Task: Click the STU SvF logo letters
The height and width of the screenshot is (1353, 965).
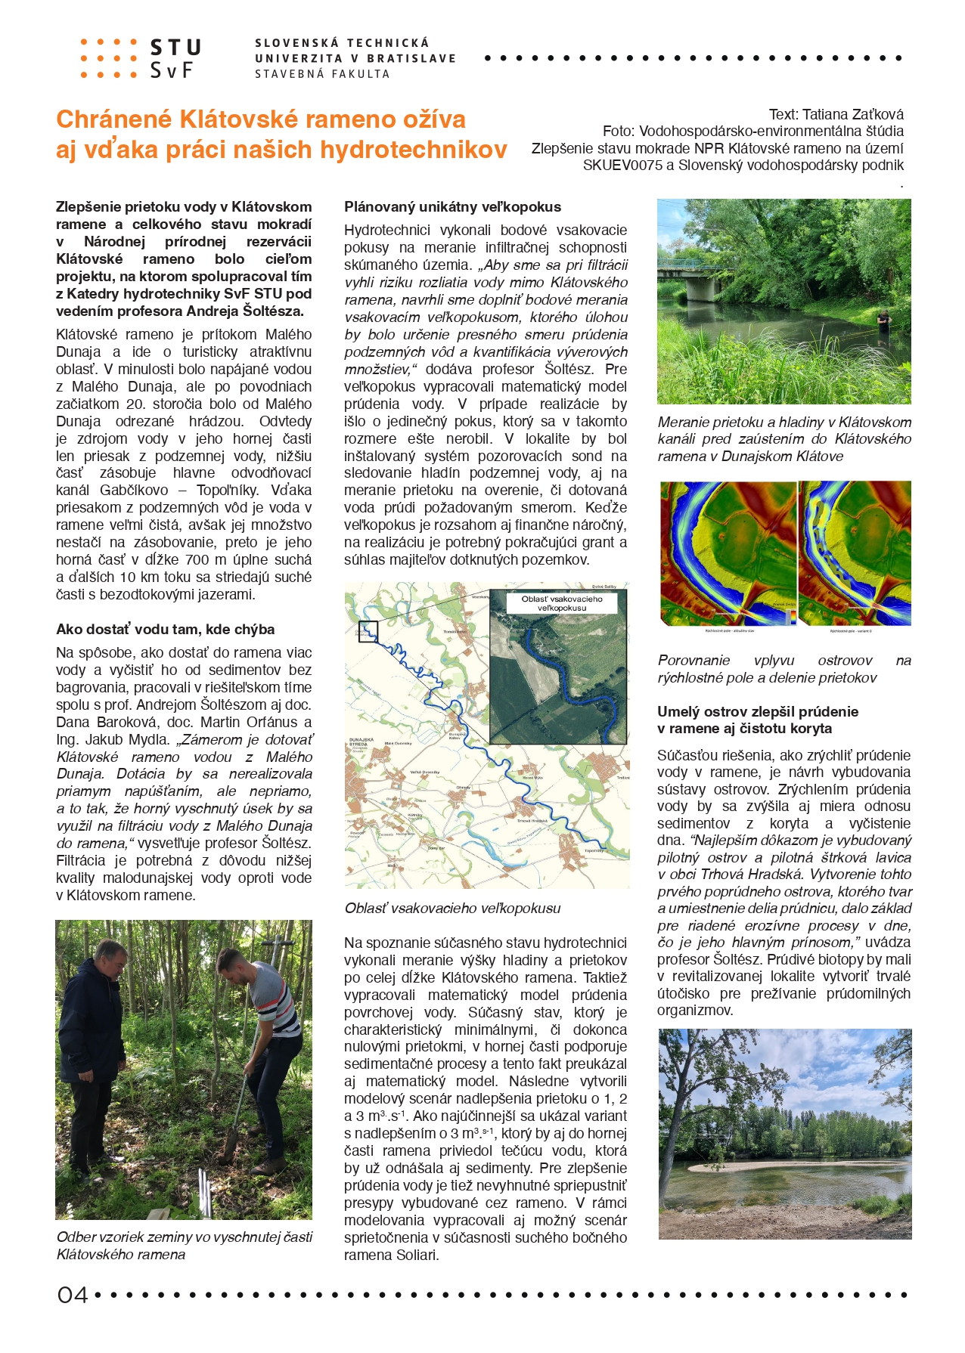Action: (x=175, y=59)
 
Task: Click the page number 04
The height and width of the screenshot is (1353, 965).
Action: (x=73, y=1296)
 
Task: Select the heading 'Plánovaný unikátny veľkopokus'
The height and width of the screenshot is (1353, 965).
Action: (x=452, y=207)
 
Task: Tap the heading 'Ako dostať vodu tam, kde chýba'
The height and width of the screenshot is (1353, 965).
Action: (x=165, y=630)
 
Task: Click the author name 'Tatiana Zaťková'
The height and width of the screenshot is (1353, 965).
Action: (x=852, y=115)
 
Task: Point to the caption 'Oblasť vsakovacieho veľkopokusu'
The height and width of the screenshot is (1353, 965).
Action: (x=452, y=909)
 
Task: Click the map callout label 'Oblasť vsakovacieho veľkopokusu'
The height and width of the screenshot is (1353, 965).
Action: (x=562, y=603)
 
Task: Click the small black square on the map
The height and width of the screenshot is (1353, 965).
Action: (x=368, y=631)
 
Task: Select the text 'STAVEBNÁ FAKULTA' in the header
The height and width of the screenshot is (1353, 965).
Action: (x=322, y=74)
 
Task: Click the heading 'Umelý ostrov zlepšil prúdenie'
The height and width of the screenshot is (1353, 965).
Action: (x=757, y=712)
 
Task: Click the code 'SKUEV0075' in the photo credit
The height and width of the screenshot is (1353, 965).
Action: (x=621, y=165)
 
